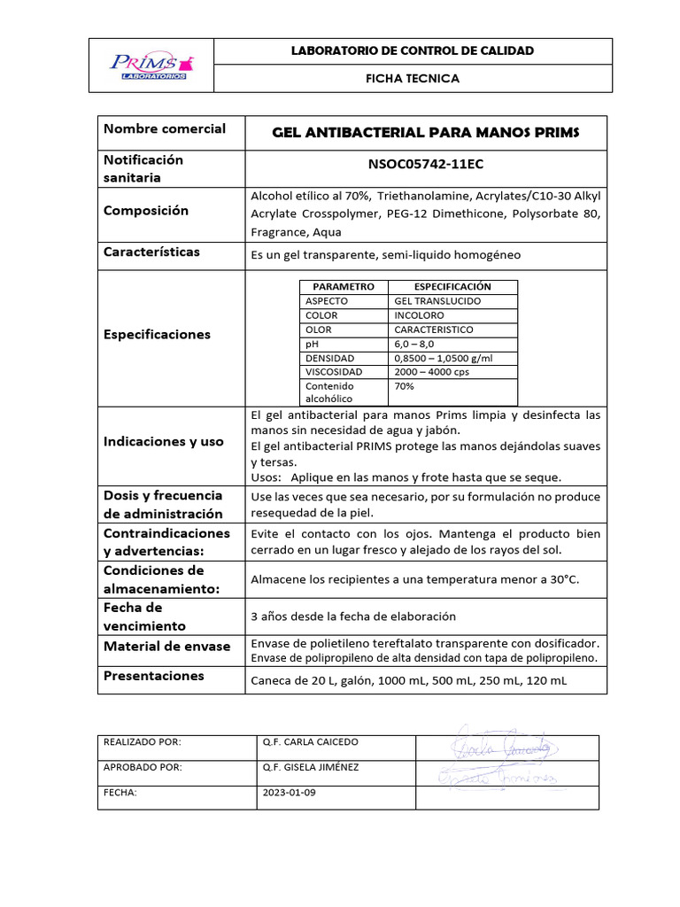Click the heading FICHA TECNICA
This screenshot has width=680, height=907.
[413, 79]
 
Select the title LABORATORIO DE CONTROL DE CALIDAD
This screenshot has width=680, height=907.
[413, 50]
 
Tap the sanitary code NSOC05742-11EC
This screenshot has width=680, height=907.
[425, 165]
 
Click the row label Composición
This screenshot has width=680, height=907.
[146, 211]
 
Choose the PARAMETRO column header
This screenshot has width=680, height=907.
[344, 287]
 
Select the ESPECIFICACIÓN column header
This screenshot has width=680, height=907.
[452, 287]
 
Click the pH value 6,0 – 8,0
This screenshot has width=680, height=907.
[415, 344]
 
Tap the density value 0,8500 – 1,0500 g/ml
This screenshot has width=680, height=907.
[443, 358]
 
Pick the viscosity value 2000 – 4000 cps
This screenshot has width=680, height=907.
[432, 372]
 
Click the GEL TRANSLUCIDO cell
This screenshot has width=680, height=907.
[437, 301]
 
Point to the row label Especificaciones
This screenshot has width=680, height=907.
[157, 335]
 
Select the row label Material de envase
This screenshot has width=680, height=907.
[166, 647]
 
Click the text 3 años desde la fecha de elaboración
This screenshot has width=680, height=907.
[353, 616]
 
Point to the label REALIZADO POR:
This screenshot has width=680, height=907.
[143, 742]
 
